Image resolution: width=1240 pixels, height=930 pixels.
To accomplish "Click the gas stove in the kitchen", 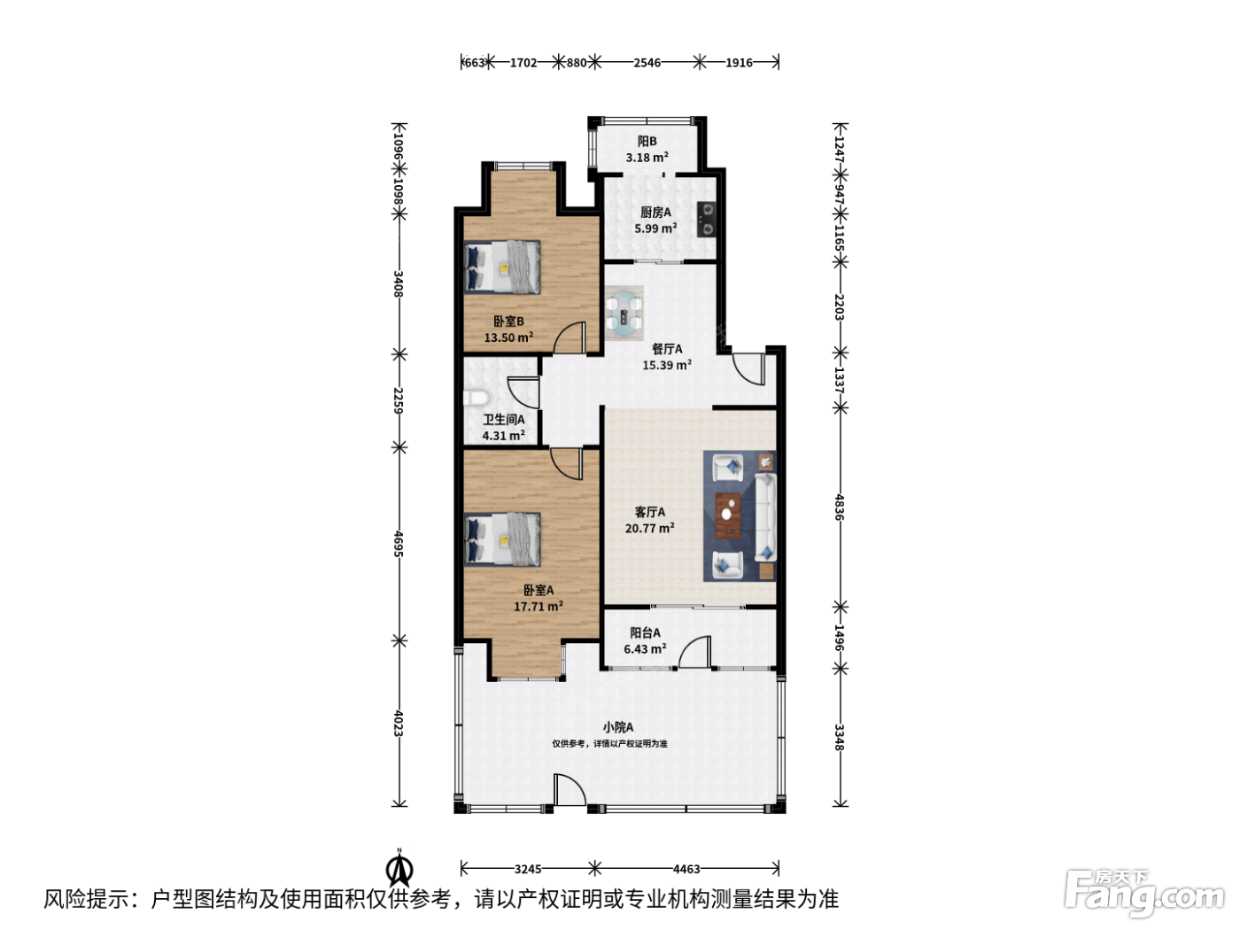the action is [x=707, y=219].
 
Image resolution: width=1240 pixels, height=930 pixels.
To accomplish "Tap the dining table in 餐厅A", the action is [x=624, y=313].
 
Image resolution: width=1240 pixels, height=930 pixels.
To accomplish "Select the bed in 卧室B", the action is [x=502, y=267].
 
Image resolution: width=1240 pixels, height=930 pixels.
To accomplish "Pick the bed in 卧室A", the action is [x=502, y=539].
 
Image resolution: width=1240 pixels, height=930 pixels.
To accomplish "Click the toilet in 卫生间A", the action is [x=476, y=398].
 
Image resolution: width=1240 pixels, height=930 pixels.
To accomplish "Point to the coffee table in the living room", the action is [x=728, y=515].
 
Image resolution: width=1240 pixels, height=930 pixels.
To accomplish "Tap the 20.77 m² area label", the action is [x=649, y=529].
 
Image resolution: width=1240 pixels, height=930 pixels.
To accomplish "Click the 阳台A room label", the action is [x=645, y=633].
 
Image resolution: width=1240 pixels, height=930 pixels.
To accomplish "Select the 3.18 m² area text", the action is [x=647, y=158].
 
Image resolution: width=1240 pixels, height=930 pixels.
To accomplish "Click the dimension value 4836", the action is [x=840, y=507].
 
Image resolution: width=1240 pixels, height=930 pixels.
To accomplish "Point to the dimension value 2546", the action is [x=647, y=63].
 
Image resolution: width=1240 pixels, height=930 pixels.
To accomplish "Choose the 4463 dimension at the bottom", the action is [x=686, y=869].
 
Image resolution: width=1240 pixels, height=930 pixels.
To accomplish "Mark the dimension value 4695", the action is [x=399, y=544].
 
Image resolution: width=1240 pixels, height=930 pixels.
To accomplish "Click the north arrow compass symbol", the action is [x=399, y=870].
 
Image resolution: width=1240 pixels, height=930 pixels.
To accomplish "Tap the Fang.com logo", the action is [x=1144, y=894].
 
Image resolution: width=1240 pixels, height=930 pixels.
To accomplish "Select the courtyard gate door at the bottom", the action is [x=570, y=789].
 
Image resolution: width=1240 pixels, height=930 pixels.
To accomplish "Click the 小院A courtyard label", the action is [x=618, y=727].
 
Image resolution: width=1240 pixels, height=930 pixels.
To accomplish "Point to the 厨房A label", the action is [x=655, y=213].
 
